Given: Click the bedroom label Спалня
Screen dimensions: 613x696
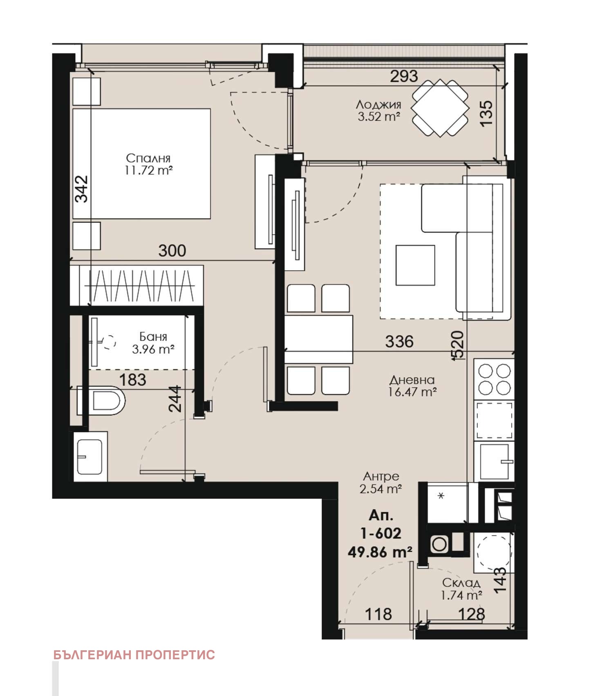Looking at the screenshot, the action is point(148,158).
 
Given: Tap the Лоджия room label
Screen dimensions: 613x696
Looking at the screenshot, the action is point(378,105).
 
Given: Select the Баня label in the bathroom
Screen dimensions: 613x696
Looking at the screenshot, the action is point(153,336).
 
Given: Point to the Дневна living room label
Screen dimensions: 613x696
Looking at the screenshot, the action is point(412,380).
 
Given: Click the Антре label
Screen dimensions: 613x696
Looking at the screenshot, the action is point(381,476).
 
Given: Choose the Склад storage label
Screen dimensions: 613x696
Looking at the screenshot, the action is point(461,583).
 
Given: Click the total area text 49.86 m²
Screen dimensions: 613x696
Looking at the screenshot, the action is point(380,552).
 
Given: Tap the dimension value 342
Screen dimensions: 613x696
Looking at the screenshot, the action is point(82,189).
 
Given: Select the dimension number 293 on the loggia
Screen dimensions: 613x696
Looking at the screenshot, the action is point(404,76).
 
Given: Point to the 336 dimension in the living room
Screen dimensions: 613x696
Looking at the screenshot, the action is point(399,341).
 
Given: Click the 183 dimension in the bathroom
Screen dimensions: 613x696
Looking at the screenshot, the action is point(132,380).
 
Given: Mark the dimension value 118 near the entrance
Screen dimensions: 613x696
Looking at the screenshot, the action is point(378,614).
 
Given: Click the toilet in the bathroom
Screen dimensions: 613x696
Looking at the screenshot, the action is point(101,400).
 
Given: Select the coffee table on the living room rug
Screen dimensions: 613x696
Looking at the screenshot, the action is point(415,265).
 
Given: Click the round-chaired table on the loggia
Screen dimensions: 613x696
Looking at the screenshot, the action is point(440,108).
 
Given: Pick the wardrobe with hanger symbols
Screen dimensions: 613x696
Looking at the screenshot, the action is point(137,286).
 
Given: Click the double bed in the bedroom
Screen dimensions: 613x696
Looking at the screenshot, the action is point(141,164).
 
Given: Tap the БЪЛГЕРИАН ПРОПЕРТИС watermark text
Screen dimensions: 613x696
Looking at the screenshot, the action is point(134,655).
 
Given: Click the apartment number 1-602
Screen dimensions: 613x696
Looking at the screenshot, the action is point(380,533).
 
